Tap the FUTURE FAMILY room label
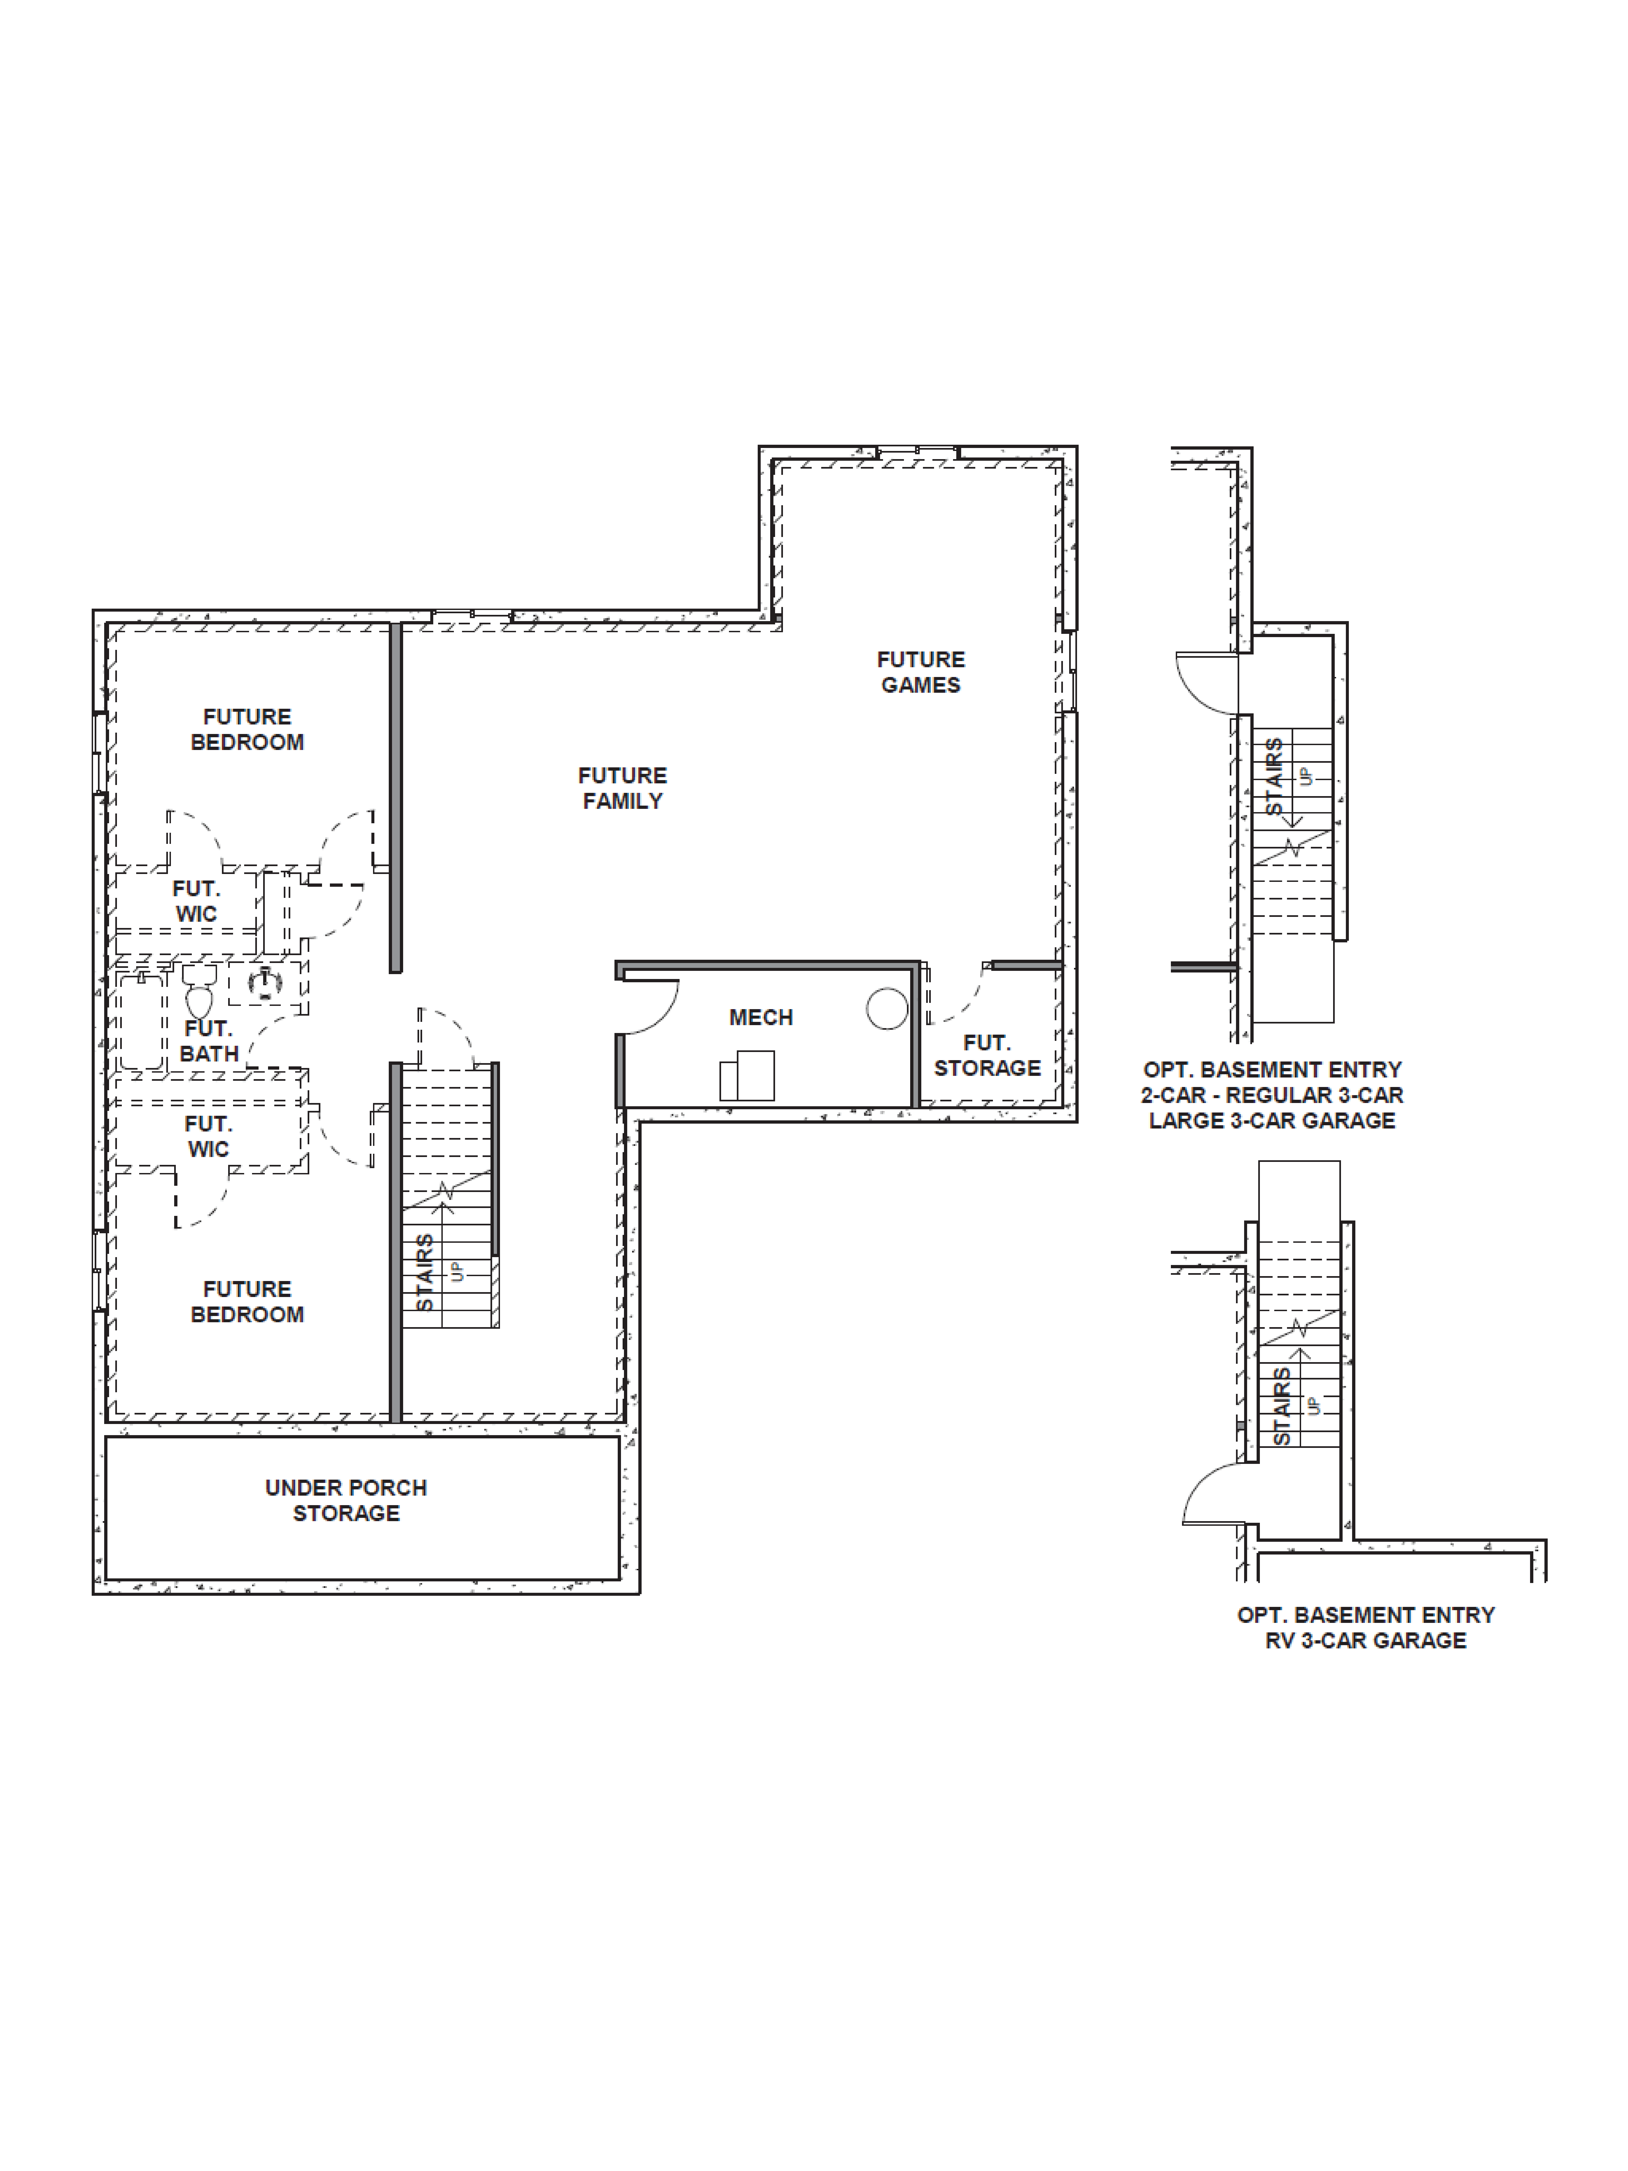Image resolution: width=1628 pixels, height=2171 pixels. pos(622,788)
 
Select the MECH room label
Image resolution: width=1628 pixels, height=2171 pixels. pos(760,1018)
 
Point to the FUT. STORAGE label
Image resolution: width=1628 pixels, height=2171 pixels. pos(986,1055)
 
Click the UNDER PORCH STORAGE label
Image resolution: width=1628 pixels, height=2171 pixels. pos(345,1500)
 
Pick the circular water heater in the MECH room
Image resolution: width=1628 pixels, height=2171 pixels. pos(887,1009)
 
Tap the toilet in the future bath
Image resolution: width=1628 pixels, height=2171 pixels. pos(199,993)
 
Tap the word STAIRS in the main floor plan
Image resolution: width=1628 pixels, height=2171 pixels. pos(424,1273)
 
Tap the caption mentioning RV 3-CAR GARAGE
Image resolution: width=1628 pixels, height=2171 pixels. pos(1365,1640)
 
